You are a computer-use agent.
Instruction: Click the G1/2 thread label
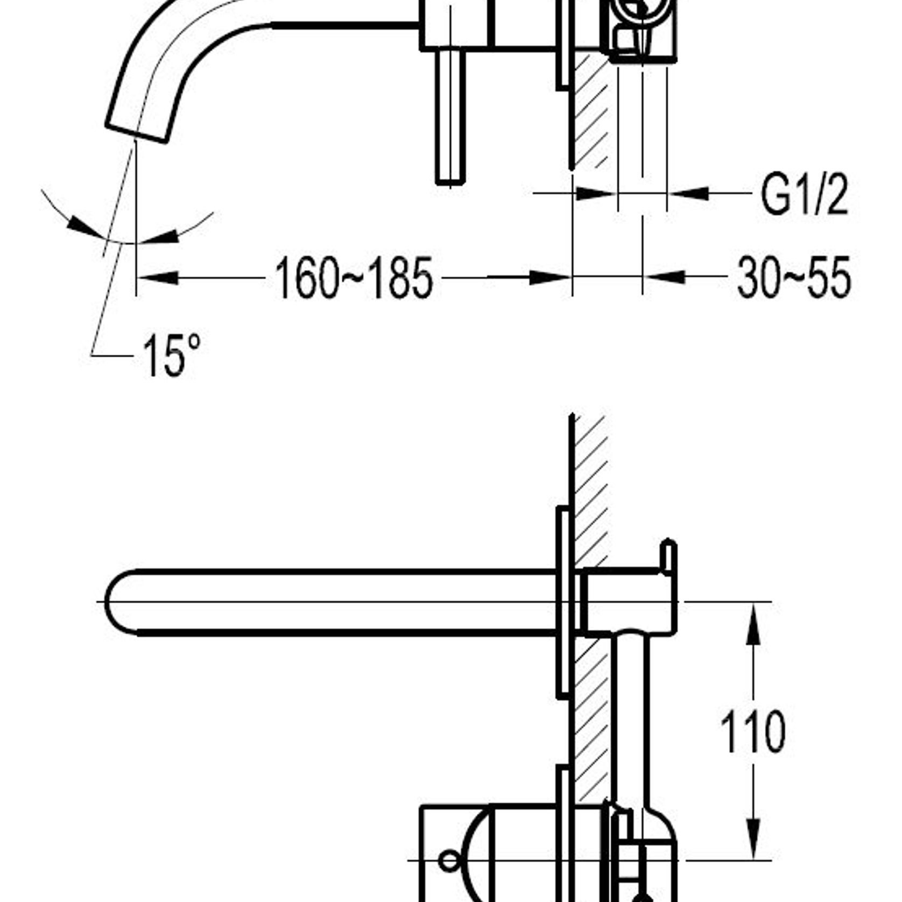click(x=804, y=195)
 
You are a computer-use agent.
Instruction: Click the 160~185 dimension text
click(x=354, y=278)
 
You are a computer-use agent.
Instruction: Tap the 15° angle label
click(x=171, y=356)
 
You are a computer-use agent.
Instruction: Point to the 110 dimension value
click(x=753, y=732)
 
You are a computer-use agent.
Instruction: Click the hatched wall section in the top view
click(x=590, y=108)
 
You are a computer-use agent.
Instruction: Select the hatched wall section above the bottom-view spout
click(x=591, y=484)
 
